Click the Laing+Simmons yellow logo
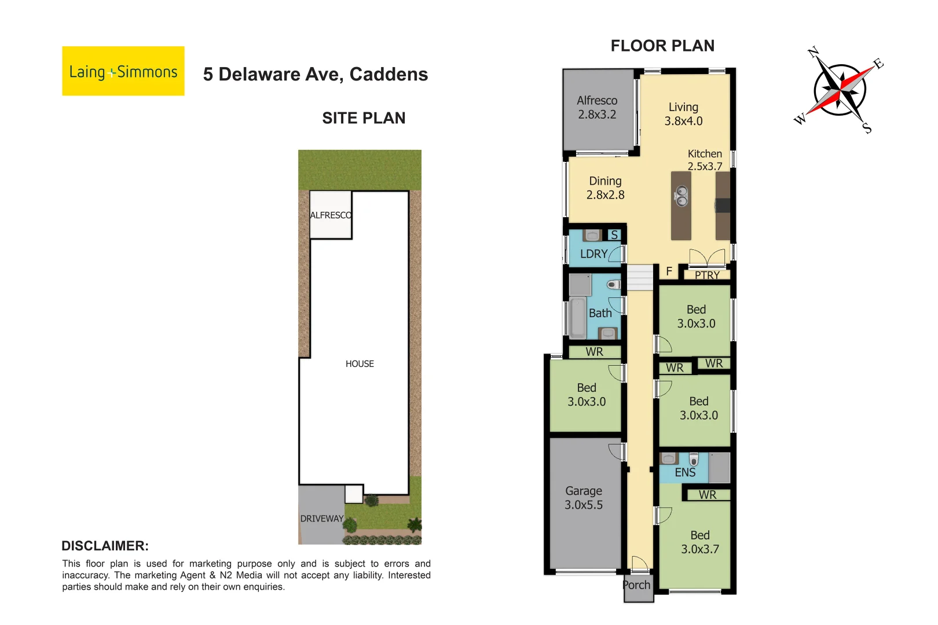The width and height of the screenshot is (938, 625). [123, 71]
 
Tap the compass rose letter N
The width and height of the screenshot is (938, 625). [813, 53]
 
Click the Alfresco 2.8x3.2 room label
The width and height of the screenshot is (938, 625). [597, 108]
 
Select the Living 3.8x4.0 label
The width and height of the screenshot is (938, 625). [683, 114]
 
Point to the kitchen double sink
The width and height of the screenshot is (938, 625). [681, 196]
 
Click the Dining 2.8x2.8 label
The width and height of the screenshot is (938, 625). [605, 188]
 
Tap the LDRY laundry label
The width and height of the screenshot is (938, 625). [593, 254]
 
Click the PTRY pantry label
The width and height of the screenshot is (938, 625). [707, 275]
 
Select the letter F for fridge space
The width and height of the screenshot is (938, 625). [669, 271]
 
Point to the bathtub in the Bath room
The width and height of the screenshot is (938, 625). [577, 318]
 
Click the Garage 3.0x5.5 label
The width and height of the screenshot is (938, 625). [584, 498]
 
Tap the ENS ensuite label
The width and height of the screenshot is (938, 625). [685, 473]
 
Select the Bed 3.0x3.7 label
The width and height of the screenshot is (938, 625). [699, 542]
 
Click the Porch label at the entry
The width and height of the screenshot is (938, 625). [636, 585]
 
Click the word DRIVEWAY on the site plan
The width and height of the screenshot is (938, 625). [322, 519]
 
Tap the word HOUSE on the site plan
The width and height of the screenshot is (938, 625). [360, 364]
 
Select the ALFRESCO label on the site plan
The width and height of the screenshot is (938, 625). [331, 215]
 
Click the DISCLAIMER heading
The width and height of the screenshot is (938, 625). [105, 546]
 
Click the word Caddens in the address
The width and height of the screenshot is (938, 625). [389, 75]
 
